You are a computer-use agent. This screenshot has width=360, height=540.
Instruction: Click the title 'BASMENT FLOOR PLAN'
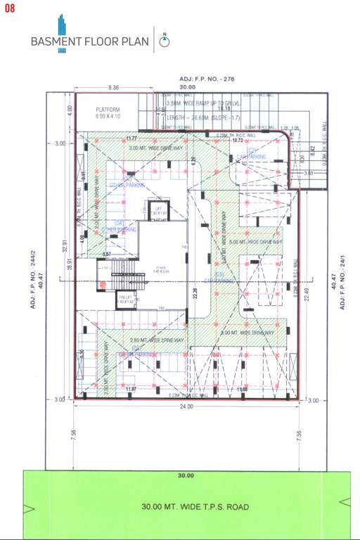click(89, 41)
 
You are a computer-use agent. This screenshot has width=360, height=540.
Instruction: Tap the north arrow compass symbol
click(165, 41)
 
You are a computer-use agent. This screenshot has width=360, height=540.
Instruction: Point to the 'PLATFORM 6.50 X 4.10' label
click(108, 112)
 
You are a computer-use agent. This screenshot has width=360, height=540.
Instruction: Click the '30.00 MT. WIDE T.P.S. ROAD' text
click(195, 506)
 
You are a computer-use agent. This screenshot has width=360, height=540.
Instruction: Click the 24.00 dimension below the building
click(185, 406)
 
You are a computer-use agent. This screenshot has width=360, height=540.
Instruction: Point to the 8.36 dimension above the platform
click(114, 88)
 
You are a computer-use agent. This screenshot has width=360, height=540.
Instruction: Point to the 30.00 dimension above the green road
click(186, 476)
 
